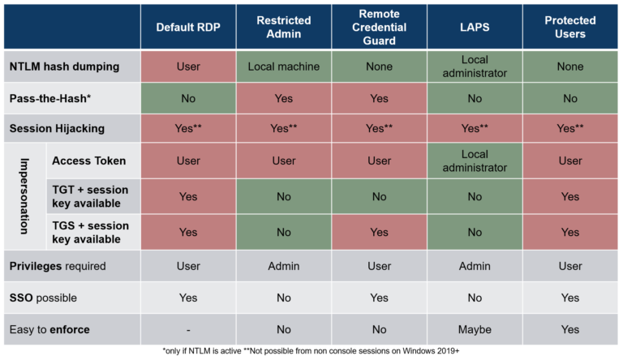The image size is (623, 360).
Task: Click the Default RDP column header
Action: coord(187,28)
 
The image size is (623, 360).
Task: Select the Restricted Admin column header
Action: coord(284,28)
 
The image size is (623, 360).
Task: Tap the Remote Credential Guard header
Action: coord(379,28)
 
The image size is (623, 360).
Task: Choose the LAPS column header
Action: coord(475,28)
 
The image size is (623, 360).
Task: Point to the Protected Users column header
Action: coord(570,28)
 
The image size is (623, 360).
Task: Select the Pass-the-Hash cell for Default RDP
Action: coord(187,98)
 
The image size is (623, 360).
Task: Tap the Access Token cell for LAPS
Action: coord(475,161)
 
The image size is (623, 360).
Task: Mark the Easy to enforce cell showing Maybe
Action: coord(475,330)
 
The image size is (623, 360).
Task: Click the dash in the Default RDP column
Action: coord(187,330)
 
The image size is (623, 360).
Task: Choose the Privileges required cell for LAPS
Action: coord(475,266)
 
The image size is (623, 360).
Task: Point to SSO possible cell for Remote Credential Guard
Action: coord(379,298)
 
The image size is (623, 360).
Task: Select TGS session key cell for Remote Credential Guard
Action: coord(379,232)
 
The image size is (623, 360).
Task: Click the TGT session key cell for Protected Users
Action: coord(570,196)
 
